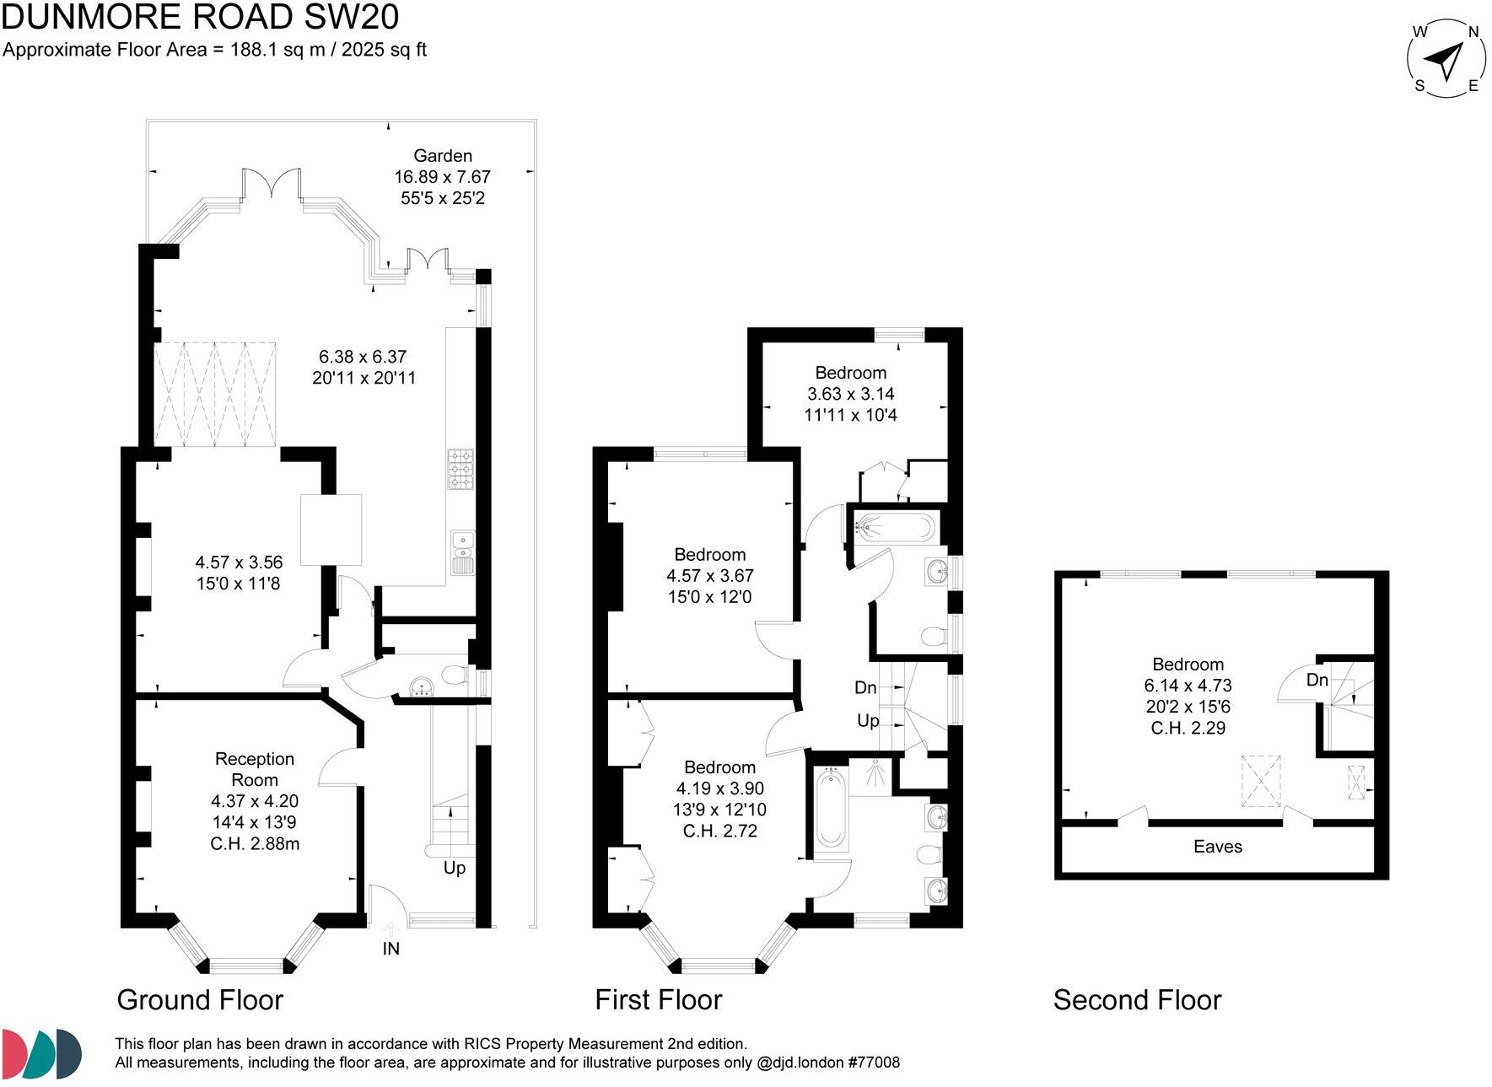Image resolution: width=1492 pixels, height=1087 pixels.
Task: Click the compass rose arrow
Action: click(1445, 60)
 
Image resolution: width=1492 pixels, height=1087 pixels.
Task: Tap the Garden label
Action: click(442, 155)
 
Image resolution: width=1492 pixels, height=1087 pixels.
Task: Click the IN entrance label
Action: click(391, 949)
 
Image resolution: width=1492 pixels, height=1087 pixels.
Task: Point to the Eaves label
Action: click(1217, 847)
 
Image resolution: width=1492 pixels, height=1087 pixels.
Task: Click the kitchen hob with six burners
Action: click(461, 469)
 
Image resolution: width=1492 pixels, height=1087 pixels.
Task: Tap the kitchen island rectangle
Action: click(331, 530)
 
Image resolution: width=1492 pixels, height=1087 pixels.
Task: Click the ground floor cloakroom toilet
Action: click(454, 675)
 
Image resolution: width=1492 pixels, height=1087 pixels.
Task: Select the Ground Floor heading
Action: click(200, 1000)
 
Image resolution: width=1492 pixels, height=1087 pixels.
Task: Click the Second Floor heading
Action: click(1136, 1000)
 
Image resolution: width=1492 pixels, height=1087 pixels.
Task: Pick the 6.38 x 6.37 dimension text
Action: click(363, 357)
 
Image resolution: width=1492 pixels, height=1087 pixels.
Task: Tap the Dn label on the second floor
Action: click(1317, 680)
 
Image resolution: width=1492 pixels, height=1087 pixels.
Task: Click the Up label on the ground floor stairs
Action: click(454, 868)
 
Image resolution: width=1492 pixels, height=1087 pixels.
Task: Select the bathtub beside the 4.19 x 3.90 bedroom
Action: click(830, 810)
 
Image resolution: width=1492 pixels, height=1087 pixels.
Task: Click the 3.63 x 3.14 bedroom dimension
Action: click(850, 394)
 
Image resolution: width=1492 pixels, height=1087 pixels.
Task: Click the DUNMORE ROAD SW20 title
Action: click(200, 17)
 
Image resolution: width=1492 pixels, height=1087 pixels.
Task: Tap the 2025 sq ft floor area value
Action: click(384, 50)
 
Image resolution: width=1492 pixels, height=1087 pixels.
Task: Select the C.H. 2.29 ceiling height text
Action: click(1188, 728)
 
